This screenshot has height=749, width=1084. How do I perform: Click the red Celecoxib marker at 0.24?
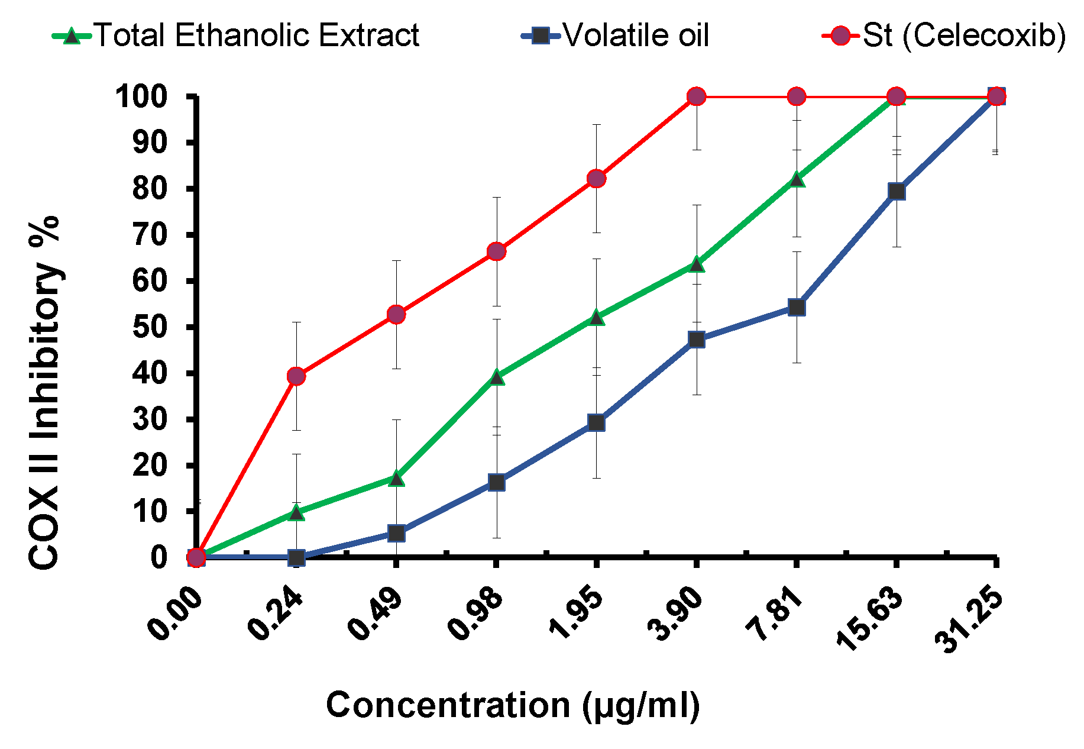click(296, 376)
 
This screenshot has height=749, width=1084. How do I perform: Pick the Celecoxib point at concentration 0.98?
click(497, 251)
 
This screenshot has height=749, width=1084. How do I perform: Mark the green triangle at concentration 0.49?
click(396, 478)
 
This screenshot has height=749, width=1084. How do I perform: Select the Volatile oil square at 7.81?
click(797, 307)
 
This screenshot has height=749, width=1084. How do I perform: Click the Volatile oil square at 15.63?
click(897, 191)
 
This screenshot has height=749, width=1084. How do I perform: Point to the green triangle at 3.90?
click(697, 264)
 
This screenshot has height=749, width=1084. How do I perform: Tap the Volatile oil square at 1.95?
click(596, 422)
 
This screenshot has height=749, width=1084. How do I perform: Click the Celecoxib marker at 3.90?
click(697, 96)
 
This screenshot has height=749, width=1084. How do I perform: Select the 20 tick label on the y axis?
click(150, 466)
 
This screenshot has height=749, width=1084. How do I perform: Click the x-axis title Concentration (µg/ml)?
click(513, 705)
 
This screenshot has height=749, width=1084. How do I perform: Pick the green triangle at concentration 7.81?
click(797, 179)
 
